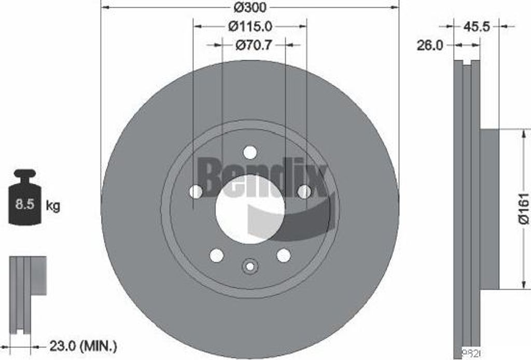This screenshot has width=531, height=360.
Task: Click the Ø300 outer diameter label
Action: point(250,8)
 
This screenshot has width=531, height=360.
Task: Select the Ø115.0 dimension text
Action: point(250,25)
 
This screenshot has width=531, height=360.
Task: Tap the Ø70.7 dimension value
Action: point(253,45)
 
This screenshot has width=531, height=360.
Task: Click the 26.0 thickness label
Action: point(430,46)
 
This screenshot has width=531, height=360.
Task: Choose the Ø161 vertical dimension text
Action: point(523,209)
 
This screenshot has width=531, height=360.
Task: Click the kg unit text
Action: point(53,206)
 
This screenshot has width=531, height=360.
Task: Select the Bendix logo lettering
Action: point(262,177)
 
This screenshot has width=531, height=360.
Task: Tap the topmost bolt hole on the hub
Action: point(250,153)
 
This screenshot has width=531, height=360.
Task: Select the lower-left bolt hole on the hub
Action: point(217,255)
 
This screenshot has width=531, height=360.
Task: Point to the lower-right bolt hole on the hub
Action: point(283,255)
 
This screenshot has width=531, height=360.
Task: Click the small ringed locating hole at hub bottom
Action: point(250,266)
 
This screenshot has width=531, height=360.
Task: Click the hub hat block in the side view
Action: point(489,209)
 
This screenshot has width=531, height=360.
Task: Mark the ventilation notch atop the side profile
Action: point(467,64)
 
